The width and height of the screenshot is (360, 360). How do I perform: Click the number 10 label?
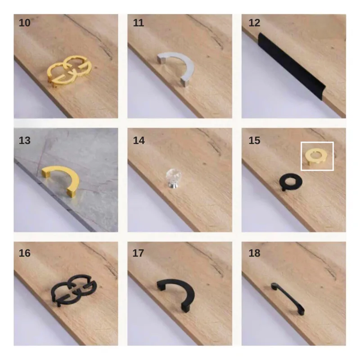point(24,23)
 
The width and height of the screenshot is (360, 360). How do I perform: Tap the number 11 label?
point(139,23)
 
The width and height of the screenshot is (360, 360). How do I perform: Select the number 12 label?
point(254,23)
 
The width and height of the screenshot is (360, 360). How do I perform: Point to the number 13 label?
point(24,140)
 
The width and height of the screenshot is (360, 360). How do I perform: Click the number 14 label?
point(139,140)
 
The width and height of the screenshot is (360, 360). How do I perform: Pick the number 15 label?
point(254,140)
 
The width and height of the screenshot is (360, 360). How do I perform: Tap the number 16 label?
point(24,253)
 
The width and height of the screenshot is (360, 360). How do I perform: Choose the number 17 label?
point(138,253)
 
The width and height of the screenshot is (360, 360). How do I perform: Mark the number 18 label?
point(254,253)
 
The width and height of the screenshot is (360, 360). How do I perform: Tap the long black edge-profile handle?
point(292,67)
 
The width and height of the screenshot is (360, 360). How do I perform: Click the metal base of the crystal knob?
point(173,184)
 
